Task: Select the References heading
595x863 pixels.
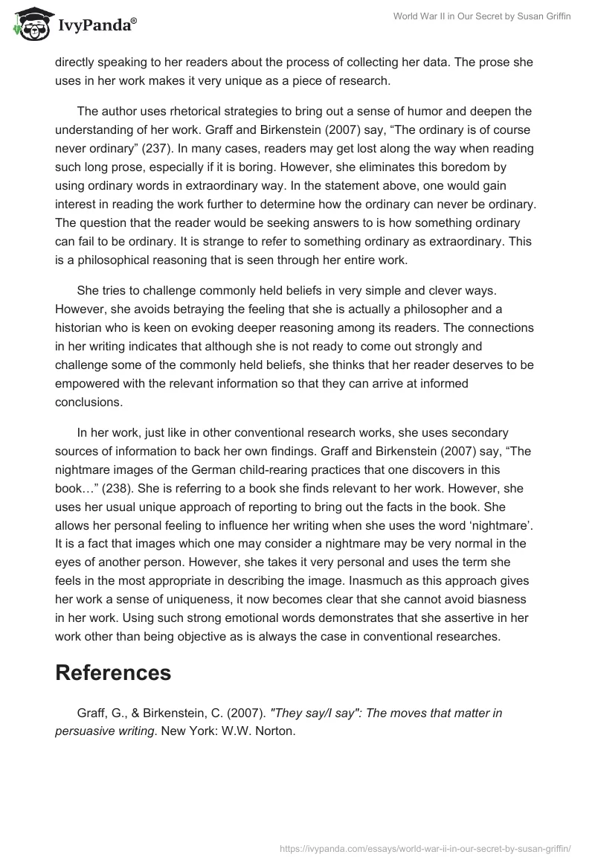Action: [113, 672]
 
